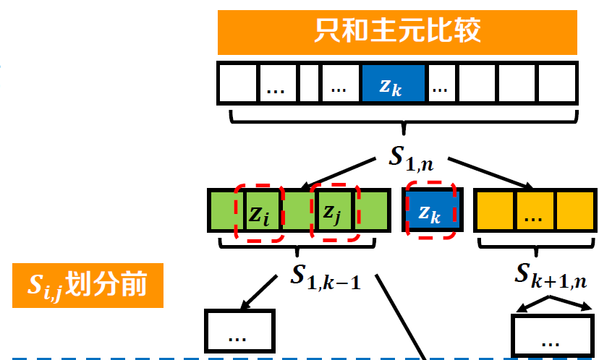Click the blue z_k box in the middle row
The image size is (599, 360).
[431, 211]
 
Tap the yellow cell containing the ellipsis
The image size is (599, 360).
[535, 211]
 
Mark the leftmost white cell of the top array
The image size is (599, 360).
[238, 83]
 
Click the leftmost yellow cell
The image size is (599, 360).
[496, 211]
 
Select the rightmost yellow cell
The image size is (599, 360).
[575, 211]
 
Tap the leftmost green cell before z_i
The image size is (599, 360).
[226, 211]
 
